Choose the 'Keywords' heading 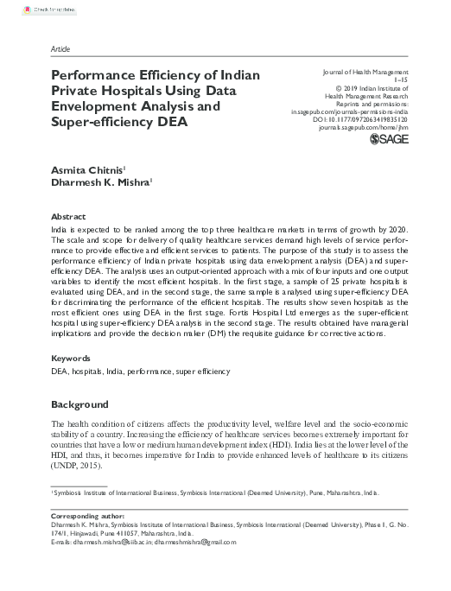tap(72, 357)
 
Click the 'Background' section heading tap(79, 404)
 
